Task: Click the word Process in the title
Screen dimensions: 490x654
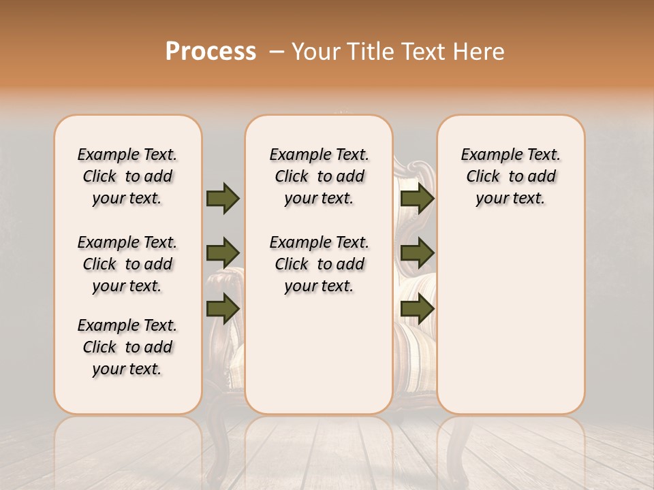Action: click(211, 52)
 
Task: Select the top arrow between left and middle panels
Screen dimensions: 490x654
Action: click(223, 198)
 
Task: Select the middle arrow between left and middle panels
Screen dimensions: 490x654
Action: click(223, 254)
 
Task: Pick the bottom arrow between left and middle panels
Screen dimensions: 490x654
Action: click(223, 309)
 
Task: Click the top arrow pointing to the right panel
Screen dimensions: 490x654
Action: click(417, 198)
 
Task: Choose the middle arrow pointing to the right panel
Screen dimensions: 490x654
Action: click(417, 254)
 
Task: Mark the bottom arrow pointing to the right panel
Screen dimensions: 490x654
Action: click(417, 309)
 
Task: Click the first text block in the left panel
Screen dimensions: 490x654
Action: click(127, 176)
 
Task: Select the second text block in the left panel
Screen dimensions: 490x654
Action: click(127, 264)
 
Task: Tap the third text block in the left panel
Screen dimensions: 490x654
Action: click(127, 347)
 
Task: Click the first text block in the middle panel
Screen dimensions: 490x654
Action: click(319, 176)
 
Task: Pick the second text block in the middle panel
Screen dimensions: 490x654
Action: click(319, 264)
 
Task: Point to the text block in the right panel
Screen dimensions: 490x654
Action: click(510, 176)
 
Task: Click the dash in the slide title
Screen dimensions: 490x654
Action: click(277, 52)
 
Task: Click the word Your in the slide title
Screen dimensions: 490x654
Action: click(316, 52)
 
